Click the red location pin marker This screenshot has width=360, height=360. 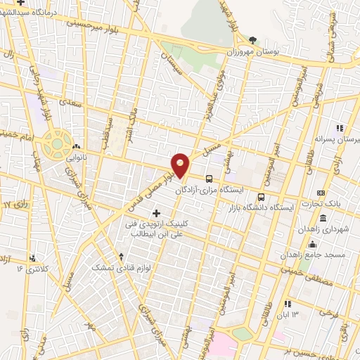click(x=181, y=165)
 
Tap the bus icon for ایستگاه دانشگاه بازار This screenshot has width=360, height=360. click(x=262, y=198)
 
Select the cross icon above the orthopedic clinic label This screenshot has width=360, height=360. click(x=155, y=212)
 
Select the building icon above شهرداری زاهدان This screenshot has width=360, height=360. click(x=323, y=218)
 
